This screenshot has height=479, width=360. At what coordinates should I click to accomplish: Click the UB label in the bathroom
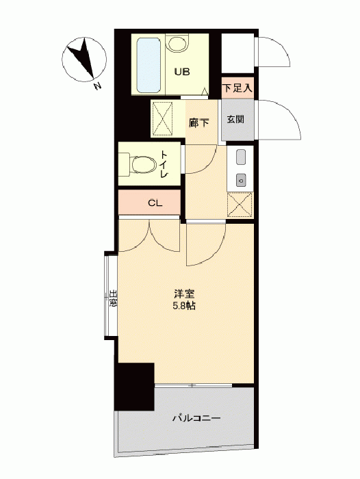(x=182, y=72)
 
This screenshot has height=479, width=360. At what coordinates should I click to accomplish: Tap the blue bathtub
(x=149, y=65)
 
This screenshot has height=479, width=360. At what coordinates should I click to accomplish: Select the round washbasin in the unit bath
(x=177, y=43)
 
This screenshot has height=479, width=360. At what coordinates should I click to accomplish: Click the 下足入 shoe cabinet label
(x=237, y=88)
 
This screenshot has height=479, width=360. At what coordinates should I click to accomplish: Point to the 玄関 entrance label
(x=235, y=119)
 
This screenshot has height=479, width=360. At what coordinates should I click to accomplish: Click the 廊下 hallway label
(x=199, y=123)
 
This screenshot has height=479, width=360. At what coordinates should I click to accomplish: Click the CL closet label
(x=155, y=203)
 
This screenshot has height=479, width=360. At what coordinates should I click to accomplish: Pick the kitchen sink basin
(x=241, y=157)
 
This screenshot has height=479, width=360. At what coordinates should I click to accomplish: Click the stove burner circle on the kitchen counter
(x=241, y=180)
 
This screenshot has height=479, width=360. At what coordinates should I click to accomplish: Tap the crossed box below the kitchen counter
(x=240, y=205)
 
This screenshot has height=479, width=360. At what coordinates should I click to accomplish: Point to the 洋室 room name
(x=184, y=294)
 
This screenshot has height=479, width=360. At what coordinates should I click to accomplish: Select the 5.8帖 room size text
(x=184, y=306)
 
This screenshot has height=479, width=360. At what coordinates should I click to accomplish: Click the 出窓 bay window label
(x=114, y=299)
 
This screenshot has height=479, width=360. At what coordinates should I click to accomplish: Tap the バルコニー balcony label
(x=196, y=418)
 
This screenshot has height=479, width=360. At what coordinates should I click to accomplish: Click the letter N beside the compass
(x=97, y=86)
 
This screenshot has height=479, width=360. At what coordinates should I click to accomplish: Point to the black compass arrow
(x=81, y=57)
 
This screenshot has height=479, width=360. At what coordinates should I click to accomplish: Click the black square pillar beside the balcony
(x=134, y=387)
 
